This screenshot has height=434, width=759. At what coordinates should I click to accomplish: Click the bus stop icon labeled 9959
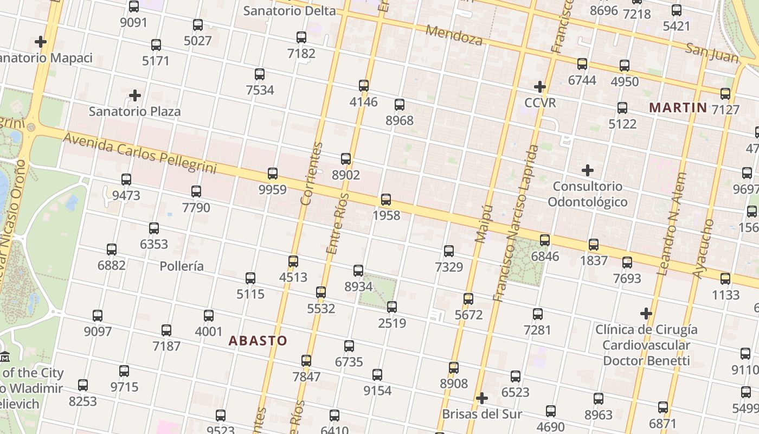click(x=273, y=174)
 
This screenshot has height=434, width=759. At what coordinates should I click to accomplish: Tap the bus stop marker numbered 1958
click(x=386, y=199)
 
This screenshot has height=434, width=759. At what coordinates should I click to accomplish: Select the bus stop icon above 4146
click(x=364, y=85)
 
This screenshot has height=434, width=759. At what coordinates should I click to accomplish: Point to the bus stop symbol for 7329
click(x=449, y=251)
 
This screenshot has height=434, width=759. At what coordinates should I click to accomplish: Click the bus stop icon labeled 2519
click(x=392, y=307)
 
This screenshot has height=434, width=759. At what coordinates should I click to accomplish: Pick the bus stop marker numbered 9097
click(x=98, y=315)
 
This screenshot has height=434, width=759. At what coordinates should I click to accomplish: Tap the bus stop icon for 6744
click(x=582, y=64)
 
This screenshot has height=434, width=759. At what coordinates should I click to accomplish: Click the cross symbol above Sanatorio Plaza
click(x=135, y=95)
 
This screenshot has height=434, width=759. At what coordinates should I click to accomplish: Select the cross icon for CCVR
click(x=540, y=86)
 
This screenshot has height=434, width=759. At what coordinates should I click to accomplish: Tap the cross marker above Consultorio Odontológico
click(x=588, y=170)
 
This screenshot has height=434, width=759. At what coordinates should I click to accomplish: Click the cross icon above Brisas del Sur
click(x=482, y=398)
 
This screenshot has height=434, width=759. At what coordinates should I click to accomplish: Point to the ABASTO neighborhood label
click(x=258, y=341)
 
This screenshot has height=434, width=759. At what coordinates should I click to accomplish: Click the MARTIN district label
click(x=678, y=107)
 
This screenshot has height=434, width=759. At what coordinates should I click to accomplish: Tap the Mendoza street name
click(x=454, y=35)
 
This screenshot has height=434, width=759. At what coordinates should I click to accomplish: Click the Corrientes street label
click(x=311, y=174)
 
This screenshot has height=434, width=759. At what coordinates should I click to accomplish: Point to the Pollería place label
click(x=182, y=266)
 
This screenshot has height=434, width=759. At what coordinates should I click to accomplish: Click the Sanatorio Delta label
click(x=290, y=10)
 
